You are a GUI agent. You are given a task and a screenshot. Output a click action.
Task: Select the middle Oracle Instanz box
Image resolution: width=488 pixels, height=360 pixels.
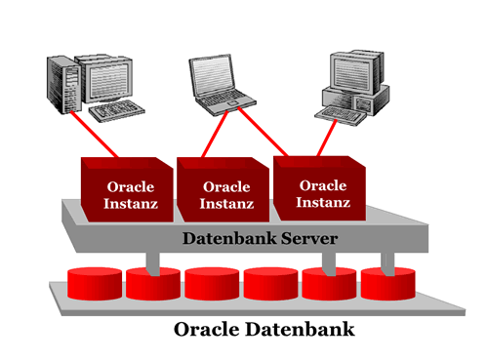224,189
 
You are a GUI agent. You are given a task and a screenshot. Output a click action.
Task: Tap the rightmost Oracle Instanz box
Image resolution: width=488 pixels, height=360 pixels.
322,185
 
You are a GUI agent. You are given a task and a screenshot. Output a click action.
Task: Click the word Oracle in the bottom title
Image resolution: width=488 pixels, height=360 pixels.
212,329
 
